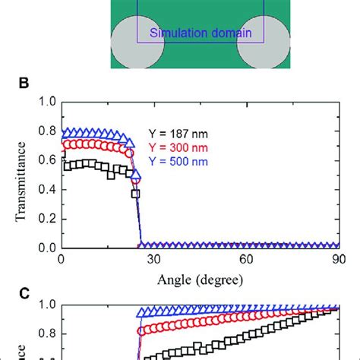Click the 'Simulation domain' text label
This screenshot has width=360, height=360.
click(200, 33)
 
